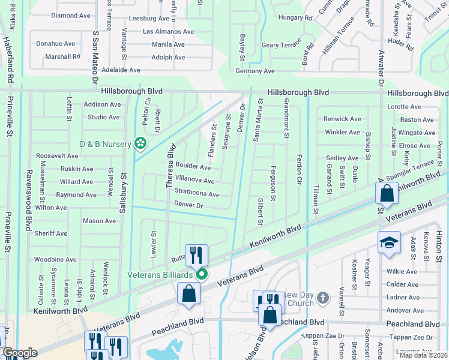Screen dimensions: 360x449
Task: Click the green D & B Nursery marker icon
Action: pyautogui.click(x=140, y=143)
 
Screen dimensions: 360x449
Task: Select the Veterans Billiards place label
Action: pyautogui.click(x=159, y=275)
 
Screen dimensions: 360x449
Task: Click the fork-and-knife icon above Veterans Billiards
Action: pyautogui.click(x=196, y=255)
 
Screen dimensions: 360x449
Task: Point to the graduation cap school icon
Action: pyautogui.click(x=389, y=241)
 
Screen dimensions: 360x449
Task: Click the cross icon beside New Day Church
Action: pyautogui.click(x=322, y=298)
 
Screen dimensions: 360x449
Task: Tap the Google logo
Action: pyautogui.click(x=19, y=353)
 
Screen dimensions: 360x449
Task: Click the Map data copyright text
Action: pyautogui.click(x=424, y=355)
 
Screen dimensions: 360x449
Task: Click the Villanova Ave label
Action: pyautogui.click(x=194, y=181)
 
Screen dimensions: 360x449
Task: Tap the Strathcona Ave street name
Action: pyautogui.click(x=196, y=194)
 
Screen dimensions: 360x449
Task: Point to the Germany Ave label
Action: pyautogui.click(x=255, y=71)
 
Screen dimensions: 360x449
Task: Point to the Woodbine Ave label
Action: pyautogui.click(x=55, y=259)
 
